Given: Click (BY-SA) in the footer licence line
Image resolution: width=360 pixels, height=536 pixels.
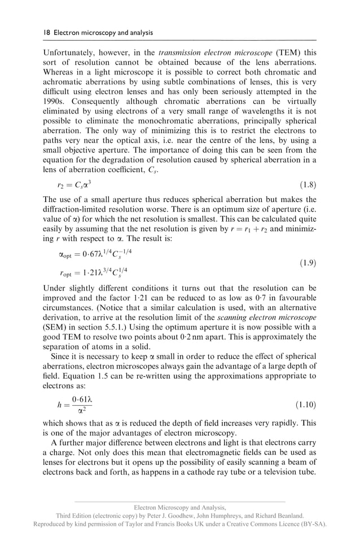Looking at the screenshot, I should point(313,524).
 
